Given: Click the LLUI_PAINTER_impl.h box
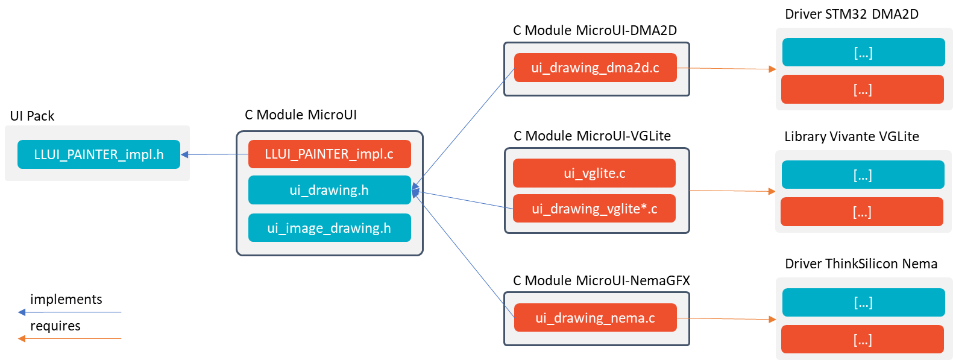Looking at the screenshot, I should tap(99, 154).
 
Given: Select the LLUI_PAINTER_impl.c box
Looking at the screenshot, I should tap(329, 154).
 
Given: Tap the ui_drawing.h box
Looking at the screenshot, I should tap(329, 190).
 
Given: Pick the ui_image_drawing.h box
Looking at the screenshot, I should tap(329, 228).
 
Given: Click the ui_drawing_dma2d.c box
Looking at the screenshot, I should tap(595, 68).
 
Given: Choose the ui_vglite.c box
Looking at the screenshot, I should tap(594, 173).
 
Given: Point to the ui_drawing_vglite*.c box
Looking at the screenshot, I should tap(594, 209).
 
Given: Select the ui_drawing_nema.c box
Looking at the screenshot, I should tap(595, 318).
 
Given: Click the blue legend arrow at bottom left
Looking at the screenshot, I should tap(70, 312).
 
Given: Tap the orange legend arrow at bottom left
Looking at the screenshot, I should tap(70, 338).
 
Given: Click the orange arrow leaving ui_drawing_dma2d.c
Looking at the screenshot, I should tap(726, 69).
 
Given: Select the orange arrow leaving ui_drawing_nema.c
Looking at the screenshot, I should tap(726, 318).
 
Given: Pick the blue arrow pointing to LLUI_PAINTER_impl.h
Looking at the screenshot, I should tap(215, 154).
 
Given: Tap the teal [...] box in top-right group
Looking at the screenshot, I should tap(863, 52).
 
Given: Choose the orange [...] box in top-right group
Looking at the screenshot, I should tap(863, 89).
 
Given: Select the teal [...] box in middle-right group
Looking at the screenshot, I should tap(863, 175).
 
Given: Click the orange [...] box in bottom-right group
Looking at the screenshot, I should tap(863, 339).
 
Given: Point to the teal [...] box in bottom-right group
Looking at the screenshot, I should tap(863, 302).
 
